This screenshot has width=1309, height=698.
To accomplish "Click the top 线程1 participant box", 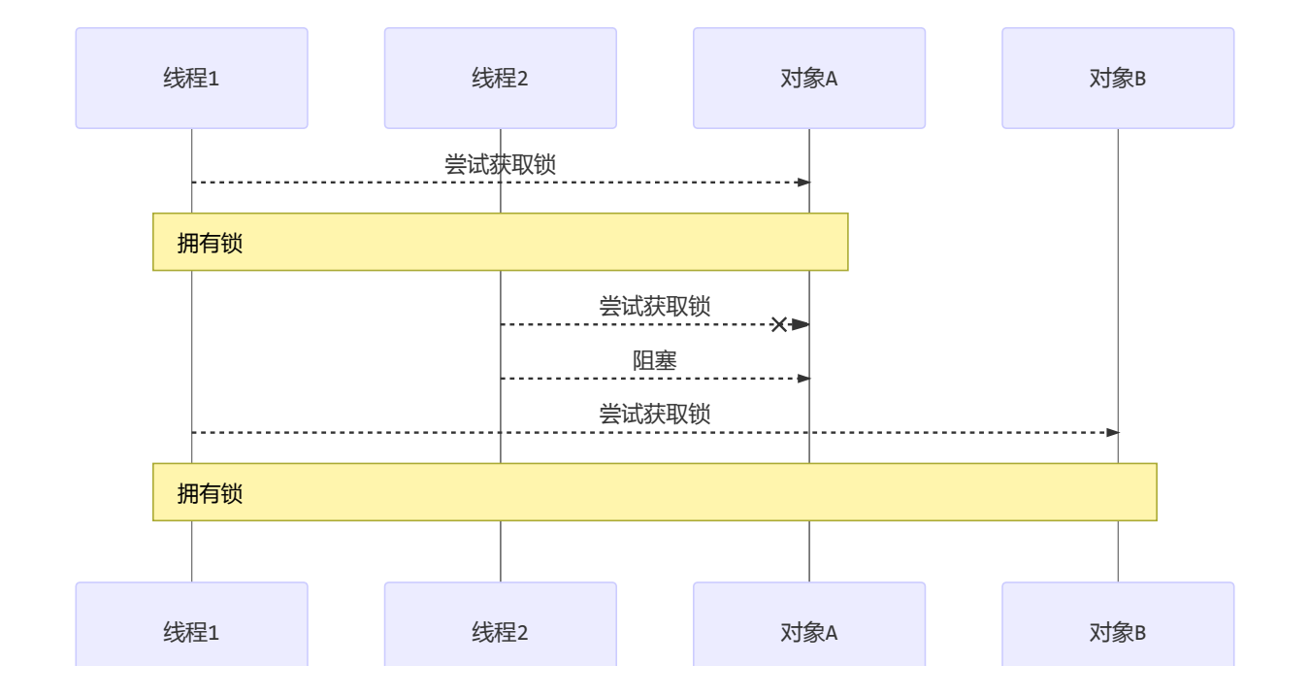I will [191, 79].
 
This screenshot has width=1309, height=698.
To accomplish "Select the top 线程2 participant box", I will [500, 79].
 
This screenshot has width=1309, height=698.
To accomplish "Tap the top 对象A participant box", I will [808, 79].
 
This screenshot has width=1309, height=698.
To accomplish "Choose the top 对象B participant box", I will [1117, 79].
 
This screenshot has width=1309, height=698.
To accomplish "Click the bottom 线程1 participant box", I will [191, 631].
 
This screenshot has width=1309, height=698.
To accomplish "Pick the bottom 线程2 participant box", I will [500, 631].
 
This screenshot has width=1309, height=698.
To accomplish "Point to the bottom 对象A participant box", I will [808, 631].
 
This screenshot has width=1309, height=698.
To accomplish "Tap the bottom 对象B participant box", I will [1117, 631].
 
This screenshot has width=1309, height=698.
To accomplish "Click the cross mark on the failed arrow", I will [778, 324].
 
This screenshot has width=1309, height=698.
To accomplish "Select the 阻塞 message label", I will [655, 361].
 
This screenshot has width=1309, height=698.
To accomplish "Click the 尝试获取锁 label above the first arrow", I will [500, 165].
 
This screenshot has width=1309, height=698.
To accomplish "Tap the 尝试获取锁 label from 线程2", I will [655, 307].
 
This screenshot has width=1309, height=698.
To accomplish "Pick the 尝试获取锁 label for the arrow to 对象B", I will [655, 415].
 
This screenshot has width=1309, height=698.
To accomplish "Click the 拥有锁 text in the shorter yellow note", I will [210, 243].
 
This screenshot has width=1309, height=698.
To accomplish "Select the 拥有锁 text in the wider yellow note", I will [210, 493].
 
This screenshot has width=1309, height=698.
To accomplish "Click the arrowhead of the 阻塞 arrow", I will [803, 379].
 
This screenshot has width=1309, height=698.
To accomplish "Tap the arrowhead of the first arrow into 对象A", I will [803, 183].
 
